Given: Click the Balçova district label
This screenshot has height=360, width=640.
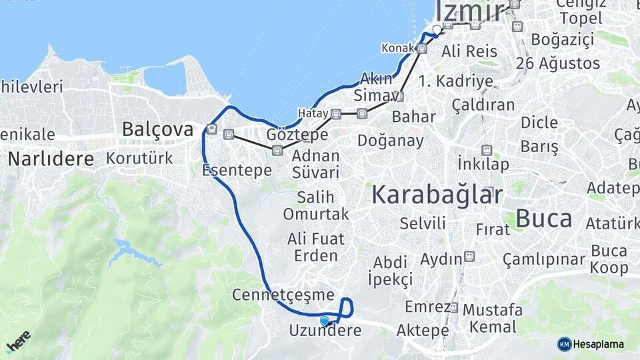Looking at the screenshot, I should point(157,129).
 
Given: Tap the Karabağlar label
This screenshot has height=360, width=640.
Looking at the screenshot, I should point(437,195).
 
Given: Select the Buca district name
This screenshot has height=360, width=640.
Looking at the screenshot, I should point(544,218).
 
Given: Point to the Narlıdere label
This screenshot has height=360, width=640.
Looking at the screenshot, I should point(50,159).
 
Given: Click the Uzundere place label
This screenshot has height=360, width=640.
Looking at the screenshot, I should point(321,330).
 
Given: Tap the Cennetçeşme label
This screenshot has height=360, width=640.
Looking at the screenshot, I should point(283,294).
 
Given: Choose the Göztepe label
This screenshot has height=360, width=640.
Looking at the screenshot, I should point(297,135).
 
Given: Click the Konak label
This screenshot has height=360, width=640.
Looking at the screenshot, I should point(398,48).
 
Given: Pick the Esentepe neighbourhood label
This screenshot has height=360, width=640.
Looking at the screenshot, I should point(237,170).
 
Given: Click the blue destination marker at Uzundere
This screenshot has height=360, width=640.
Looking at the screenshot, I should point(325,321).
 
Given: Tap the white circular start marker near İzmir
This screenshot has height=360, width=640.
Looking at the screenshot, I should point(437,29).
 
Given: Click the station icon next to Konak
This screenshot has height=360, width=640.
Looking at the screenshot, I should point(422,48).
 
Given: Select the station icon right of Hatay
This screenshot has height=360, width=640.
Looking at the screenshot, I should point(336,113).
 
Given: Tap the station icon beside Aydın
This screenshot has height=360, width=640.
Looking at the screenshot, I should point(469,256).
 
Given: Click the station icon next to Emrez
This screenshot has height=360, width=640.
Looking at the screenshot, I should point(453,307).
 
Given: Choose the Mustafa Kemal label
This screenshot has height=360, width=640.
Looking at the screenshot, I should point(493,318).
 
